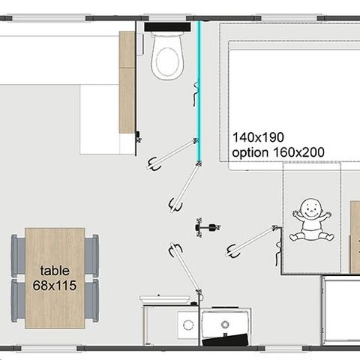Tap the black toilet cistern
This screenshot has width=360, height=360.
pyautogui.click(x=167, y=27)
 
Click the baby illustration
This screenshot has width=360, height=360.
pyautogui.click(x=311, y=220)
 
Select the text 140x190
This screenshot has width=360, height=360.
pyautogui.click(x=258, y=137)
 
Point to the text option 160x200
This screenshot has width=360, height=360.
pyautogui.click(x=278, y=152)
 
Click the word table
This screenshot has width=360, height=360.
pyautogui.click(x=55, y=271)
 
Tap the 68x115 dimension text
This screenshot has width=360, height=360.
pyautogui.click(x=55, y=285)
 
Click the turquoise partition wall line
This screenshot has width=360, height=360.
pyautogui.click(x=199, y=91)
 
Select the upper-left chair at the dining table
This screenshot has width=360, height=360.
pyautogui.click(x=18, y=256)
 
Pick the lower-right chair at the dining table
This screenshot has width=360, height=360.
pyautogui.click(x=91, y=301)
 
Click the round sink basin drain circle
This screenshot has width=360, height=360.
pyautogui.click(x=188, y=325)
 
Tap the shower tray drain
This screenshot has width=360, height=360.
pyautogui.click(x=225, y=325)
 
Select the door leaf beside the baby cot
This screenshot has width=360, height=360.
pyautogui.click(x=253, y=240)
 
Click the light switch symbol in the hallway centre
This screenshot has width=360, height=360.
pyautogui.click(x=208, y=227)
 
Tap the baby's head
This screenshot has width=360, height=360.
pyautogui.click(x=310, y=208)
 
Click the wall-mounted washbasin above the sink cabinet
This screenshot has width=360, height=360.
pyautogui.click(x=165, y=299)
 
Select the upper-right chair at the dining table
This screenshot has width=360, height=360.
pyautogui.click(x=91, y=256)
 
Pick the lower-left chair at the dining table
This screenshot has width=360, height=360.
pyautogui.click(x=18, y=301)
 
